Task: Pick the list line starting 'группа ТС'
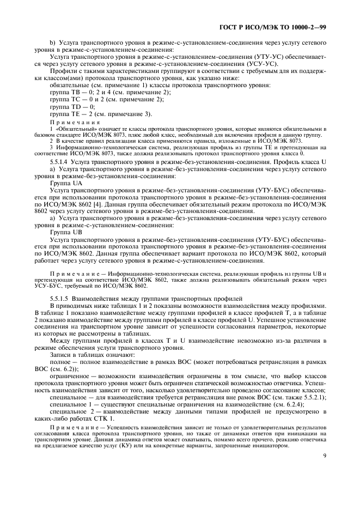(91, 100)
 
